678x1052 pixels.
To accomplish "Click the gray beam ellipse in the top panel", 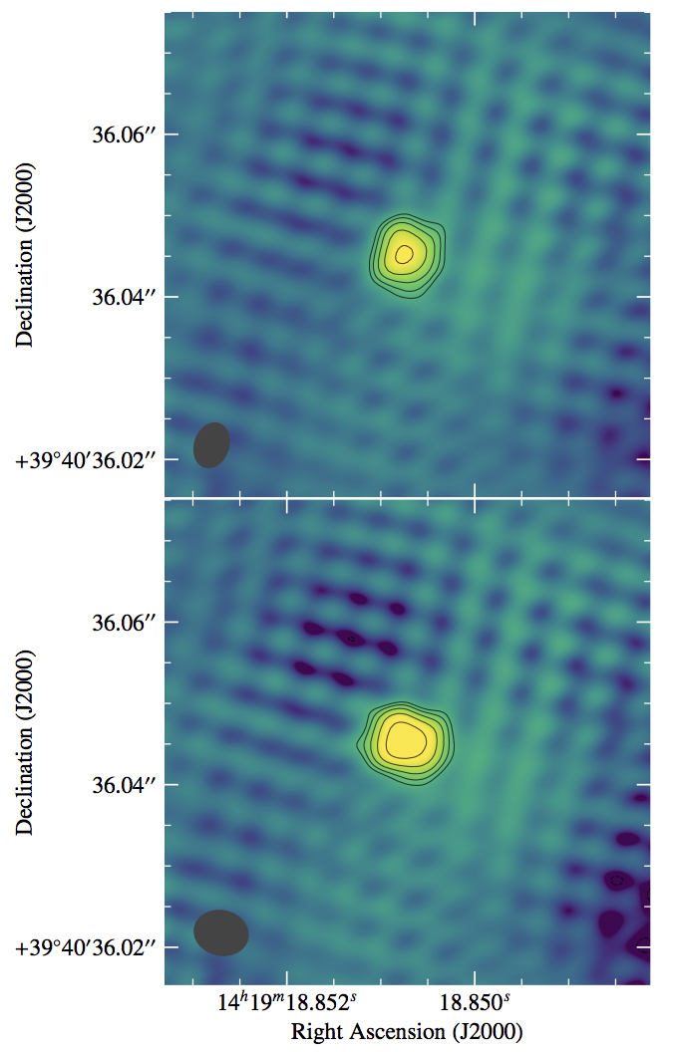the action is tap(211, 445).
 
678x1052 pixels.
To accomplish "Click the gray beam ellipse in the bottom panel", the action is tap(221, 932).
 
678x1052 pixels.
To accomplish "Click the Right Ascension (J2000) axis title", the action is tap(407, 1031).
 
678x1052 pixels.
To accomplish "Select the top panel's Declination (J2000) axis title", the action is tap(25, 254).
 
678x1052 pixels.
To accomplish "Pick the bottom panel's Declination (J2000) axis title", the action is tap(25, 742).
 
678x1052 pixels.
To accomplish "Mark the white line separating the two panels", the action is tap(407, 498).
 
